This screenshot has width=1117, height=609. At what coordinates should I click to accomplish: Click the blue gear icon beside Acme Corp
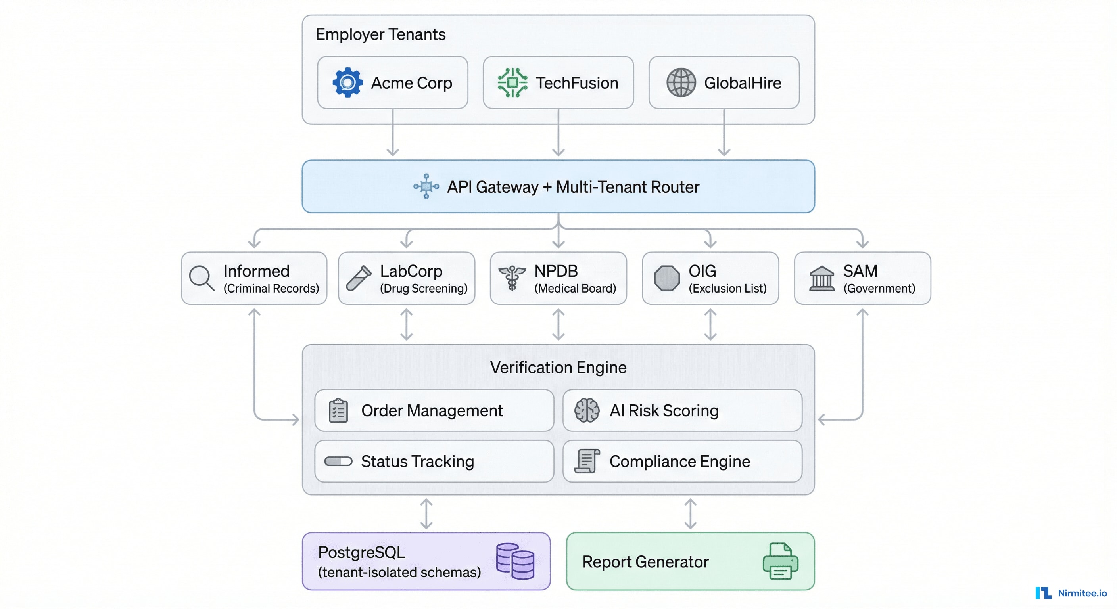[347, 82]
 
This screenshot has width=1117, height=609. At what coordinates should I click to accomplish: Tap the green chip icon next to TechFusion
[512, 82]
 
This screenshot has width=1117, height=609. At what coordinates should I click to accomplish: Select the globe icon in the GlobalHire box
[681, 82]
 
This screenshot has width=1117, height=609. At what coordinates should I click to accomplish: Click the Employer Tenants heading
[380, 34]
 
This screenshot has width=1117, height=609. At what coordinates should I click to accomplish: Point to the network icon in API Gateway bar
[426, 186]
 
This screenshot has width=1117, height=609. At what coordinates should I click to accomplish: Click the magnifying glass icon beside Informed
[202, 278]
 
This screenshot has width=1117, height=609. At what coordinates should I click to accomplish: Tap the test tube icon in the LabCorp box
[359, 278]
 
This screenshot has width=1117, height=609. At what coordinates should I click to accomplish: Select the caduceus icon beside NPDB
[512, 278]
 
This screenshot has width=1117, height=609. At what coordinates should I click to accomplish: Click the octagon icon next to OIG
[666, 278]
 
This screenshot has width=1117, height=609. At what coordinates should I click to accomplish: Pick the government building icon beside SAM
[821, 279]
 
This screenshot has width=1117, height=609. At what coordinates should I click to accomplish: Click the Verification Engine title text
[558, 368]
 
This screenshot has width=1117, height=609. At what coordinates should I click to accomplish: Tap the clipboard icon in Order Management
[338, 410]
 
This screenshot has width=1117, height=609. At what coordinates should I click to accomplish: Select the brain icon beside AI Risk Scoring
[587, 410]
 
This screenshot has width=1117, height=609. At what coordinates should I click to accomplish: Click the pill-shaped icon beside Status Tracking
[338, 461]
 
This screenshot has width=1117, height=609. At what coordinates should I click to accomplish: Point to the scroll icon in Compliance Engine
[587, 461]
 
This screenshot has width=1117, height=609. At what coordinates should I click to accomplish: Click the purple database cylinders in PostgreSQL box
[515, 561]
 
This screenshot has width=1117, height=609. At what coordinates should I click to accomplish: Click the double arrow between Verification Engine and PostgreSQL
[426, 513]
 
